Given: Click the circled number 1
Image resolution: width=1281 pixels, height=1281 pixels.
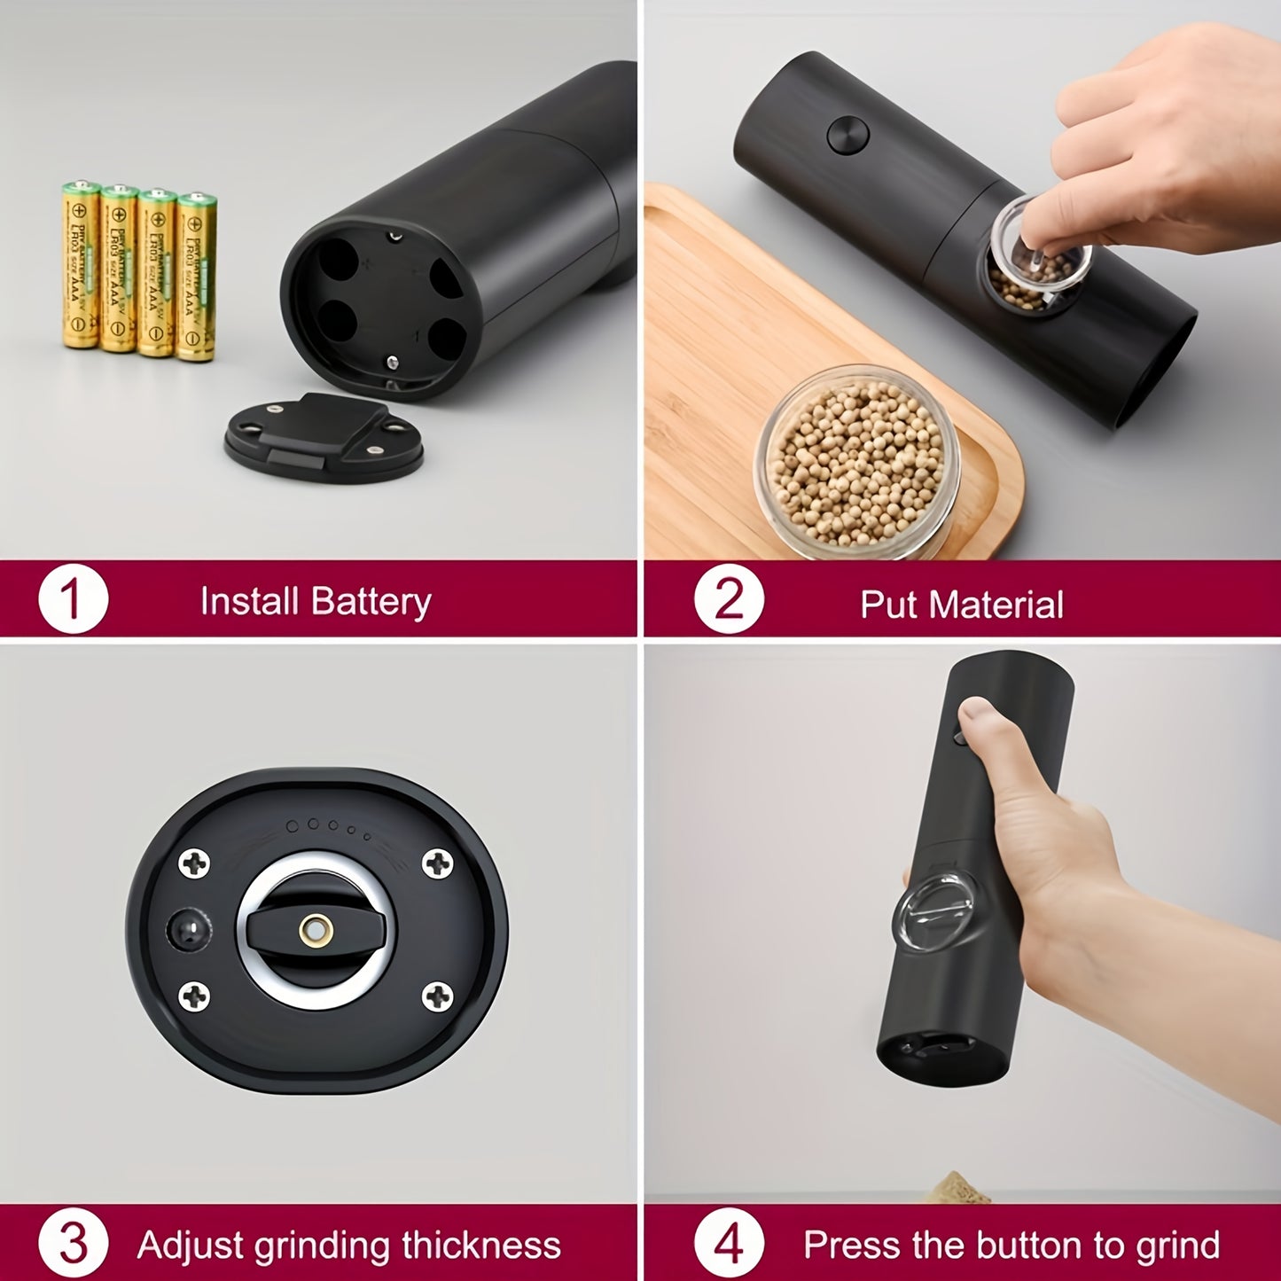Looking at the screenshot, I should pyautogui.click(x=73, y=600).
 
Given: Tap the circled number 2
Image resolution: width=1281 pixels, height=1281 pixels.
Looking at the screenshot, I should pyautogui.click(x=728, y=600).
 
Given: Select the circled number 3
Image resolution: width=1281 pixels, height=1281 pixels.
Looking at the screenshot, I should pyautogui.click(x=73, y=1244).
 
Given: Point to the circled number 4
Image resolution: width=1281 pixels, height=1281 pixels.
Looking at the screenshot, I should pyautogui.click(x=728, y=1244).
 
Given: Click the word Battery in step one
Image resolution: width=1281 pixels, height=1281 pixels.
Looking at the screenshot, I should pyautogui.click(x=371, y=602).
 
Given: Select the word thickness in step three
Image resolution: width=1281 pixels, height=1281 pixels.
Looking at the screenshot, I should pyautogui.click(x=480, y=1246).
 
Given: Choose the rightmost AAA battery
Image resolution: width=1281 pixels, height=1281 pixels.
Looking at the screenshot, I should pyautogui.click(x=196, y=276).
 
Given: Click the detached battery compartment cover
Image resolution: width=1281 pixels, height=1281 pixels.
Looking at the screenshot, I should pyautogui.click(x=324, y=437).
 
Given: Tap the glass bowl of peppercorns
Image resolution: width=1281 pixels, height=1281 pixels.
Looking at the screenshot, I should pyautogui.click(x=856, y=464).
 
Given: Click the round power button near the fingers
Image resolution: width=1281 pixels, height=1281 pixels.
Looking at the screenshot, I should pyautogui.click(x=847, y=136).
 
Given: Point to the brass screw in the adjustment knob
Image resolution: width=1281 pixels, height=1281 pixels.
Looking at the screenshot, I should pyautogui.click(x=316, y=930).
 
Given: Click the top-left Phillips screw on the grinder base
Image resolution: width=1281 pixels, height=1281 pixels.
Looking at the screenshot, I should pyautogui.click(x=194, y=863).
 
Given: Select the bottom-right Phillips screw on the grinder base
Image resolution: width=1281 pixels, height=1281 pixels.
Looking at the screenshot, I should pyautogui.click(x=436, y=996).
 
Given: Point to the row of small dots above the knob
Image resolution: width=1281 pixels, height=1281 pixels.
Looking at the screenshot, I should pyautogui.click(x=327, y=828).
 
